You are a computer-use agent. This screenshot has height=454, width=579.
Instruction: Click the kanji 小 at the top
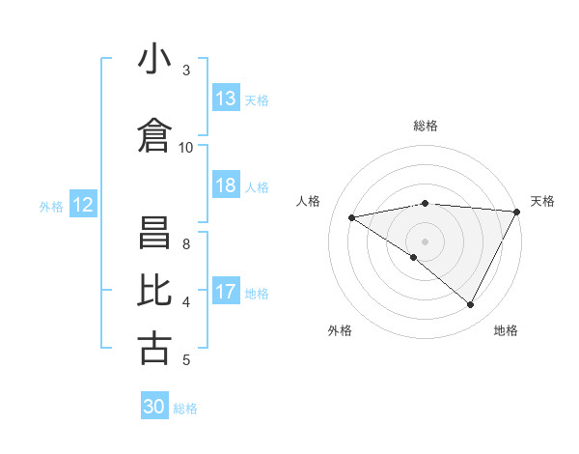pyautogui.click(x=154, y=61)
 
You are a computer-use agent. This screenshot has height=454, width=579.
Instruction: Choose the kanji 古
pyautogui.click(x=154, y=348)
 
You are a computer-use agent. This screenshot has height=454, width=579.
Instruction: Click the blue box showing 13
pyautogui.click(x=226, y=99)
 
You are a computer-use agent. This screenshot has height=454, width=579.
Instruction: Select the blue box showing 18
pyautogui.click(x=226, y=186)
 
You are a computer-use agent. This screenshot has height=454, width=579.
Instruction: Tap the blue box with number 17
pyautogui.click(x=226, y=293)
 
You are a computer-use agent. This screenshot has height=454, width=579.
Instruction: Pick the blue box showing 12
pyautogui.click(x=82, y=206)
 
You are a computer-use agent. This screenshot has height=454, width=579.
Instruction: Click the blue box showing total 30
pyautogui.click(x=154, y=408)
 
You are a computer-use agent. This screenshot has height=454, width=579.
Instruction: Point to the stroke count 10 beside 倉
pyautogui.click(x=186, y=147)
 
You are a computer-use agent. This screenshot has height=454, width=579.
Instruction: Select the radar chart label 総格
pyautogui.click(x=426, y=126)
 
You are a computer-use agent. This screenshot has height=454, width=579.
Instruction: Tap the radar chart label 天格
pyautogui.click(x=543, y=201)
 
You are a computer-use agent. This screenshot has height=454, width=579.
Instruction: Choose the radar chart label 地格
pyautogui.click(x=506, y=330)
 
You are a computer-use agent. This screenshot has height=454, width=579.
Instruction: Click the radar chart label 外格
pyautogui.click(x=340, y=330)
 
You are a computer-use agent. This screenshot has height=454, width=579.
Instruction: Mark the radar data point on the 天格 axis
pyautogui.click(x=518, y=212)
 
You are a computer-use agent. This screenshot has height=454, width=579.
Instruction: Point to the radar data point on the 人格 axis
pyautogui.click(x=351, y=217)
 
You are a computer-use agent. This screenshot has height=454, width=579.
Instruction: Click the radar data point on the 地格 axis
pyautogui.click(x=471, y=305)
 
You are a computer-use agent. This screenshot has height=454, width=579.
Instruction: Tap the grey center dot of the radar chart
pyautogui.click(x=425, y=241)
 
